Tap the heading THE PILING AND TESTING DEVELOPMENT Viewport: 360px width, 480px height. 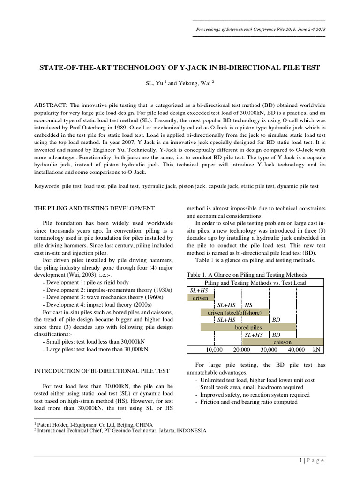95,208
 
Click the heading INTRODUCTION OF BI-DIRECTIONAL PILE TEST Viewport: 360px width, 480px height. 103,371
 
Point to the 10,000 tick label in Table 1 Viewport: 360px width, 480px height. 215,350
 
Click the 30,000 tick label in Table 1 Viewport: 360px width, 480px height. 269,350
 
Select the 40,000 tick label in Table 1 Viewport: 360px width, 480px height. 296,350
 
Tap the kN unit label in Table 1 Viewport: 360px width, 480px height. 317,350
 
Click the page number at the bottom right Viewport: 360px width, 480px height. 300,461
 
